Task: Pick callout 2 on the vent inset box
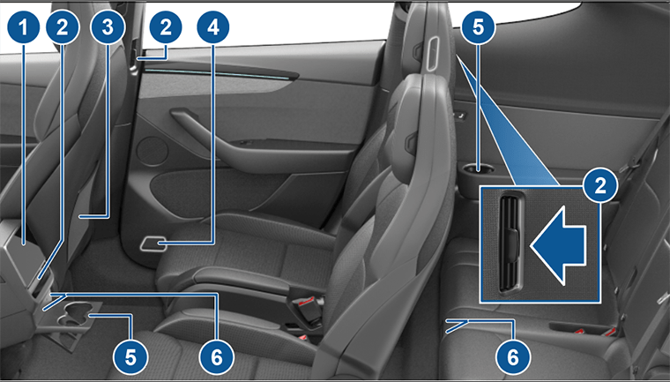point(600,185)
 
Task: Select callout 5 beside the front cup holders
point(130,356)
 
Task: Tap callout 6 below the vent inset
point(513,356)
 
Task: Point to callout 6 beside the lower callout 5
point(217,356)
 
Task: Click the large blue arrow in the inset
point(558,245)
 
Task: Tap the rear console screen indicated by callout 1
point(25,252)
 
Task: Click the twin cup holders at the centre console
point(77,316)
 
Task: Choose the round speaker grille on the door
point(153,152)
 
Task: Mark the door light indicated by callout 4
point(153,244)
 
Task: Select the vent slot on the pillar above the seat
point(433,53)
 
